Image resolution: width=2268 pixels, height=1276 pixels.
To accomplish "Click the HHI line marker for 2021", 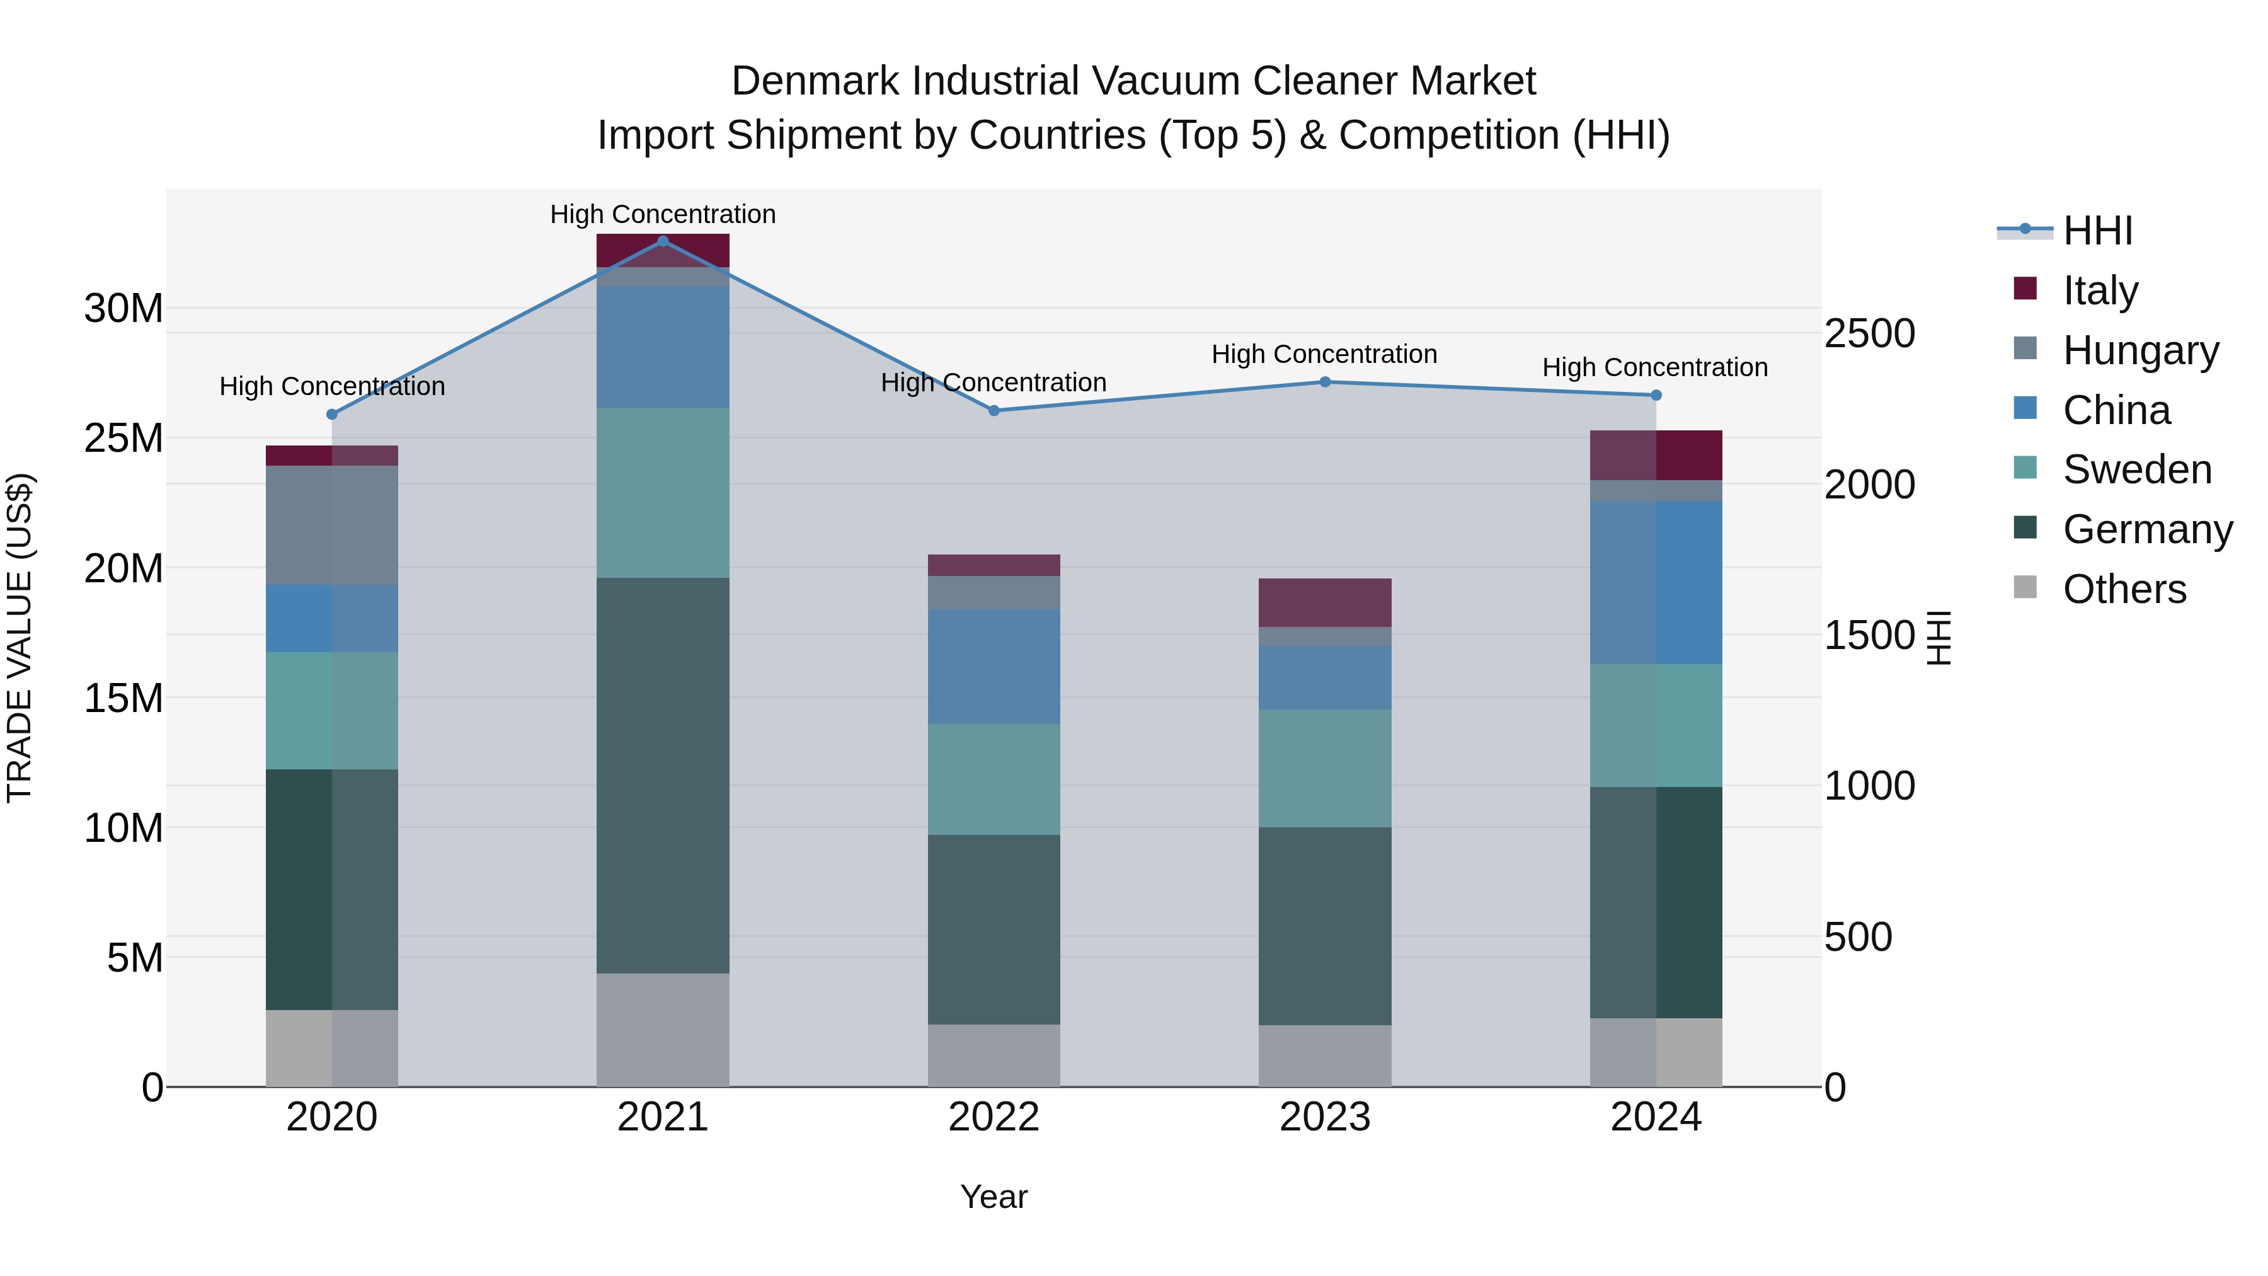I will [x=662, y=241].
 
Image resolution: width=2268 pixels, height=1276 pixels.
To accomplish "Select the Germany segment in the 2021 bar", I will [x=662, y=775].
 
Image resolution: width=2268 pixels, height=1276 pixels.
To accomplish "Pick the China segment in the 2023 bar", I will [x=1324, y=677].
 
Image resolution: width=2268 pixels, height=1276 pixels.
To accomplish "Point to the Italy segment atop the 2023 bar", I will [x=1324, y=602].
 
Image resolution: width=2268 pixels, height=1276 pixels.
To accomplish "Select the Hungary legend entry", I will [x=2139, y=350].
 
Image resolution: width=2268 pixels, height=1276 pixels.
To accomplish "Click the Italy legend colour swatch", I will [x=2025, y=289].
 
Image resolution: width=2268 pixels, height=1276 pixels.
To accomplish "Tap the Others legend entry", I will [x=2124, y=589].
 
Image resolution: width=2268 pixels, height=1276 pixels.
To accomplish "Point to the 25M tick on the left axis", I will [x=123, y=438].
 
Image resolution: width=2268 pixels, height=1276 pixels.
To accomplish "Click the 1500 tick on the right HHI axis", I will [x=1869, y=635].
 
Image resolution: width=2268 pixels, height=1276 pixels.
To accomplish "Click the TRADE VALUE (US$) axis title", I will [x=20, y=638].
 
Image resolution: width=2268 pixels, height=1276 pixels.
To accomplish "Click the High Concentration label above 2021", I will [x=662, y=214].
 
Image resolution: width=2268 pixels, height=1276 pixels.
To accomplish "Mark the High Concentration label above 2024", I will [x=1654, y=367].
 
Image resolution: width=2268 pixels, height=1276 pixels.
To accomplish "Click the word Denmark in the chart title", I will [x=815, y=81].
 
